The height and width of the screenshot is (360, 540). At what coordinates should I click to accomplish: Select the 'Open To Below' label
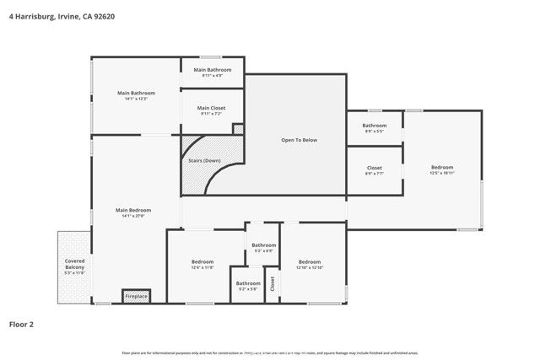299,139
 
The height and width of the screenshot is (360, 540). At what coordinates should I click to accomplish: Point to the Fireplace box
136,296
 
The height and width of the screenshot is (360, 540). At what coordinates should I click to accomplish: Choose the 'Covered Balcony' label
74,264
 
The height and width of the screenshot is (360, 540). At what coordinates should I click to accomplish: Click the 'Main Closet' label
211,108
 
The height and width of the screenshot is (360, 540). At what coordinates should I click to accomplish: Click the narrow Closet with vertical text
272,284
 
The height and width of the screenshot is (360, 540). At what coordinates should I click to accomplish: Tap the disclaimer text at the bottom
270,352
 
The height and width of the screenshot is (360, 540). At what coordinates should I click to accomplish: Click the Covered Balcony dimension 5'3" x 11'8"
74,273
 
